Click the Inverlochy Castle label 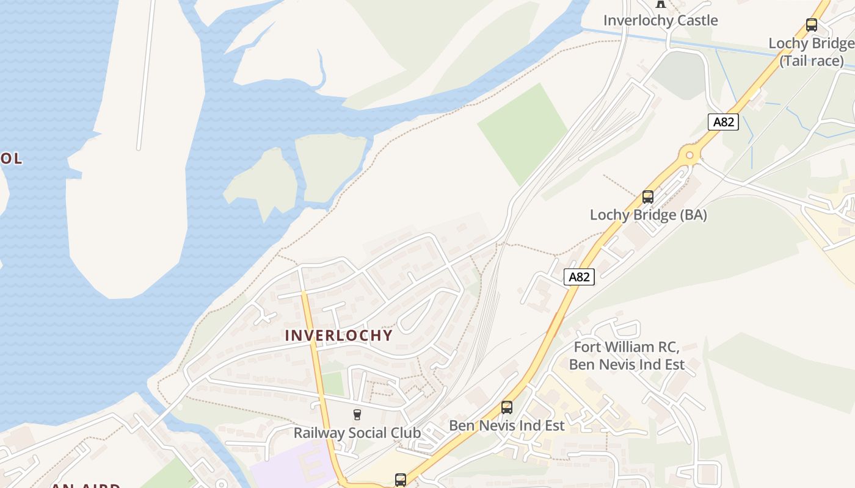[660, 20]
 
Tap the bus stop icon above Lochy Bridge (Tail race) [811, 25]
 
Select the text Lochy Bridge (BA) [648, 215]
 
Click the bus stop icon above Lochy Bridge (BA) [648, 197]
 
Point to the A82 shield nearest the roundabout [724, 122]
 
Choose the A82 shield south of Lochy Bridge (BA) [578, 278]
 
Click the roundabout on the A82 [690, 155]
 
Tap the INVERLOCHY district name [339, 335]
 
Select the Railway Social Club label [357, 433]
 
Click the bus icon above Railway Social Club [357, 415]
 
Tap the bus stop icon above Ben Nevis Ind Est [506, 407]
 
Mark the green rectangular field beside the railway [523, 133]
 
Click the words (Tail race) [812, 60]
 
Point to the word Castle [694, 20]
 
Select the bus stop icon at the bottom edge [400, 479]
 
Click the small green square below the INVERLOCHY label [333, 383]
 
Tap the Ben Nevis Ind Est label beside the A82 [506, 425]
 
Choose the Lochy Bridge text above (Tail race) [810, 43]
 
